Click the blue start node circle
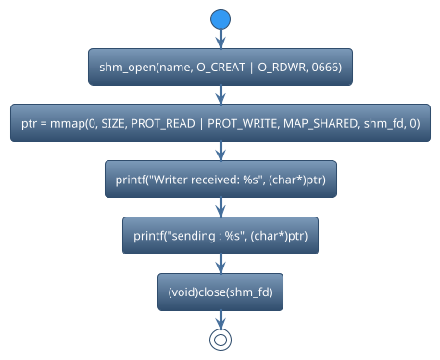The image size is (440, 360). pyautogui.click(x=220, y=19)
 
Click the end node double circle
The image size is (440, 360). pyautogui.click(x=220, y=340)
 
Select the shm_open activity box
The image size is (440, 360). pyautogui.click(x=220, y=67)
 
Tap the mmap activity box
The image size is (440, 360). pyautogui.click(x=220, y=122)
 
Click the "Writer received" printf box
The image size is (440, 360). pyautogui.click(x=220, y=179)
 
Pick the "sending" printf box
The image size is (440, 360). pyautogui.click(x=220, y=235)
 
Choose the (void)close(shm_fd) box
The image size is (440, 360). pyautogui.click(x=220, y=292)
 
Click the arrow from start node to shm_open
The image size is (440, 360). pyautogui.click(x=220, y=38)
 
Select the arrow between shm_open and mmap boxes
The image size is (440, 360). pyautogui.click(x=220, y=94)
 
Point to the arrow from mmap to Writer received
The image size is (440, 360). pyautogui.click(x=220, y=150)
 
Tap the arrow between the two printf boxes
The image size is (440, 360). pyautogui.click(x=220, y=206)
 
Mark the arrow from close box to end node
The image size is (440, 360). pyautogui.click(x=220, y=318)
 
